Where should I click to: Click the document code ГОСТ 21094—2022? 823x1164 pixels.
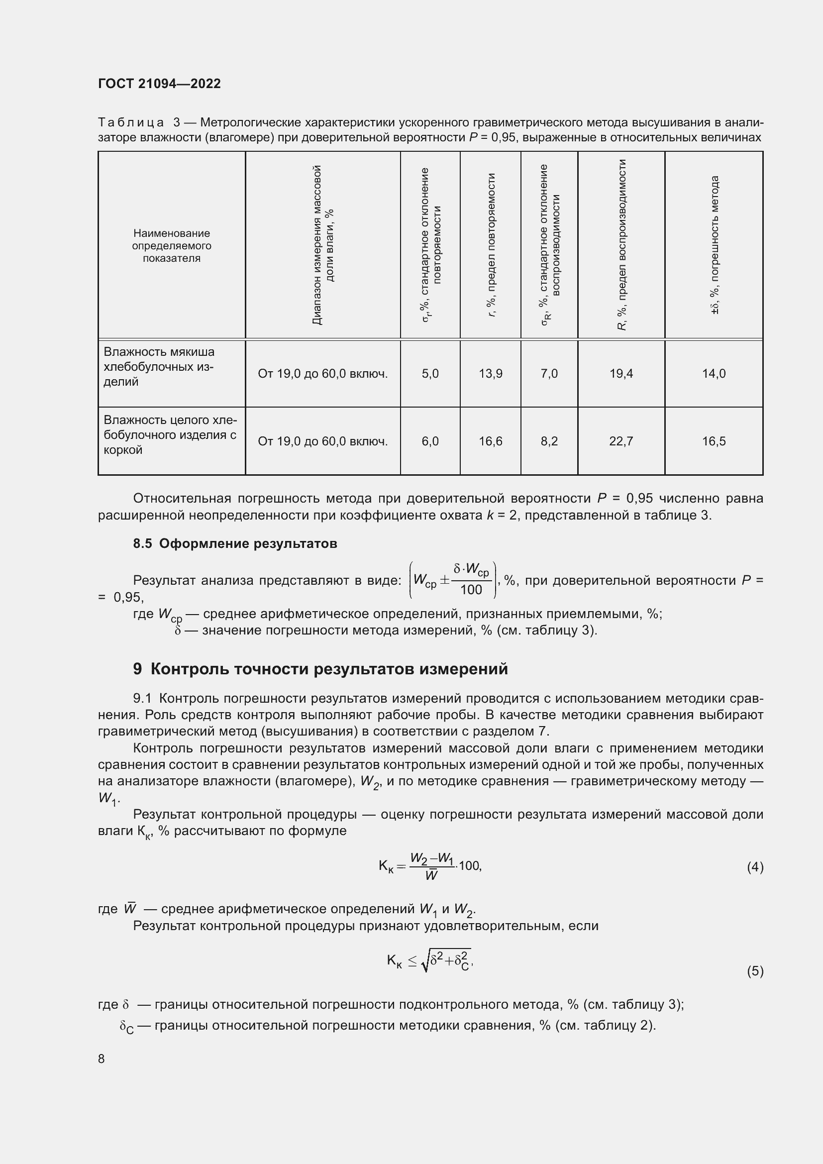click(159, 84)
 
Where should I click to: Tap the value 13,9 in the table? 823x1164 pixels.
click(490, 374)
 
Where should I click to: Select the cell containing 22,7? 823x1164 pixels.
click(621, 441)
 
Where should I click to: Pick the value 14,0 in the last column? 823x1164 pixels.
click(713, 374)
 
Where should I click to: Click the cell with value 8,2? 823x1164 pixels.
click(549, 441)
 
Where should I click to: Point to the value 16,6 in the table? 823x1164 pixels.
click(490, 441)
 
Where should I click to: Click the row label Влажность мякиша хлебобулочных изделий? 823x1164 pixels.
click(159, 367)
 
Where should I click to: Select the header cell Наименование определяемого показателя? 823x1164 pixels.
click(171, 245)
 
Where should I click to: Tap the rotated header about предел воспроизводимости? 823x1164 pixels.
click(622, 245)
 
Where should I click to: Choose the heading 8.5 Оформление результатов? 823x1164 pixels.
click(235, 543)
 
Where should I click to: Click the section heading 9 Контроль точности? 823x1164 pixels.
click(320, 669)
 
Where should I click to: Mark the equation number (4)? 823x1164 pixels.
click(755, 867)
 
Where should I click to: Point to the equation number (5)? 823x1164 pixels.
click(755, 971)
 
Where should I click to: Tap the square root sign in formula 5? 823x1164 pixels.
click(425, 962)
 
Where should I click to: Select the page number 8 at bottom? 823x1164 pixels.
click(102, 1058)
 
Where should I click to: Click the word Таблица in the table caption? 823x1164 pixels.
click(131, 123)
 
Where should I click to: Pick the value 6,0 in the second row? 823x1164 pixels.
click(430, 441)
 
